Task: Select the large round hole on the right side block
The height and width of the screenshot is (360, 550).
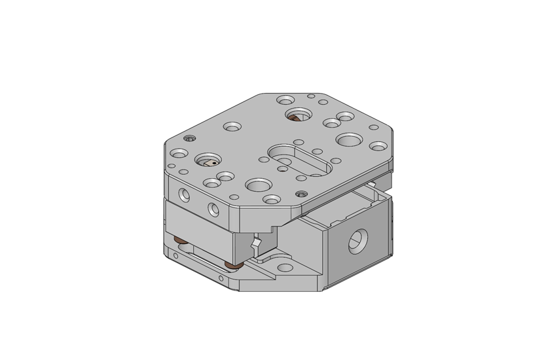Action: coord(356,242)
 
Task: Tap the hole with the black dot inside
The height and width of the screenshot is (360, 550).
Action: coord(209,161)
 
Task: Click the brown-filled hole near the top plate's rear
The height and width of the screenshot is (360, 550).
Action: coord(298,116)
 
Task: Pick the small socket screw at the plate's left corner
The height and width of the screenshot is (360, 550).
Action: coord(190,138)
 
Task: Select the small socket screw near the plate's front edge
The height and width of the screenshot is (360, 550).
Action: coord(301,194)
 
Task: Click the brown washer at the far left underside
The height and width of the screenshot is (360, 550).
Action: coord(179,242)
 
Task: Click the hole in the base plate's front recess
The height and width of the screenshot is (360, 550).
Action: coord(285,268)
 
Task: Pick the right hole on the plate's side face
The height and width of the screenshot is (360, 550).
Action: coord(213,209)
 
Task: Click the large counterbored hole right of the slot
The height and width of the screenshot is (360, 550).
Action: coord(349,139)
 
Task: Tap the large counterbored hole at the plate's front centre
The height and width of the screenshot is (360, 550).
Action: coord(259,185)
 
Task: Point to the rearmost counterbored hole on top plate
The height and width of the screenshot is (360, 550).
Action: coord(285,100)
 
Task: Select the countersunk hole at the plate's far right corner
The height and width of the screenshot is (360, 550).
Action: coord(378,146)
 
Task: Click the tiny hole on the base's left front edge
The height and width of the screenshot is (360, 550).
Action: coord(175,256)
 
